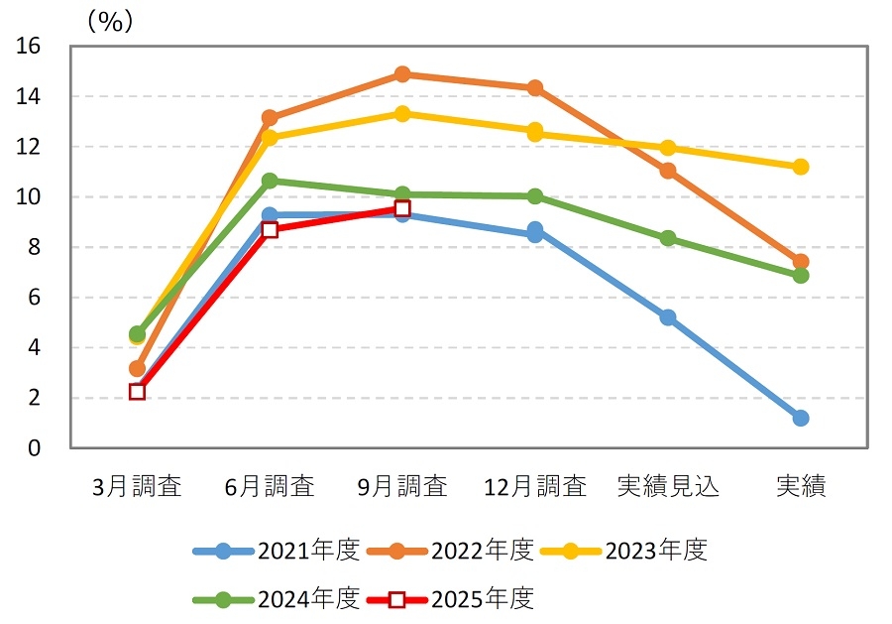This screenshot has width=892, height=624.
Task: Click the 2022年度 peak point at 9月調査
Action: click(402, 74)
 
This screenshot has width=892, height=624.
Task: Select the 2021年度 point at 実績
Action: click(801, 418)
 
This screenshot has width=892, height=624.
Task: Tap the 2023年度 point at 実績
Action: click(801, 167)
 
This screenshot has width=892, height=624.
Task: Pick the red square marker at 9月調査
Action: click(402, 208)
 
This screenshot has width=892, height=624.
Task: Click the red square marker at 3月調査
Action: click(137, 392)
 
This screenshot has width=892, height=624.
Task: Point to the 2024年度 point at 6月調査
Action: click(270, 181)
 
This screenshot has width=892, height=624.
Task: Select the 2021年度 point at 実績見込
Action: click(668, 317)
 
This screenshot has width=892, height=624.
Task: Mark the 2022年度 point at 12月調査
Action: click(535, 88)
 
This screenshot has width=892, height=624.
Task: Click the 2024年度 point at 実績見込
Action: click(668, 238)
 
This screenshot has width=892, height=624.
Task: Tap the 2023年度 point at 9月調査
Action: click(402, 113)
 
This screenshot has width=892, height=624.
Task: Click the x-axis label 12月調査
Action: click(535, 486)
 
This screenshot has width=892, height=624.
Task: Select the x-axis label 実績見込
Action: click(668, 486)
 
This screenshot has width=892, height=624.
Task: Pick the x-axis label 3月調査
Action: click(137, 486)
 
